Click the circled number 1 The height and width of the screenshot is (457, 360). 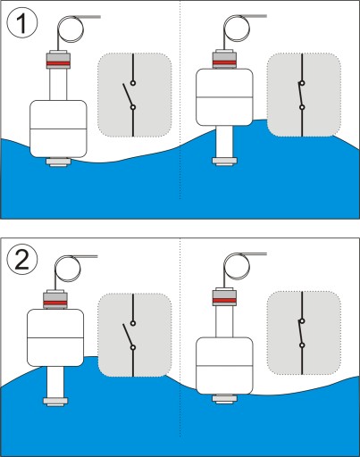(x=22, y=23)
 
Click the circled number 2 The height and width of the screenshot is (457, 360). (x=22, y=260)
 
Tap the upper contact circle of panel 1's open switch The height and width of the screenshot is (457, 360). (x=133, y=83)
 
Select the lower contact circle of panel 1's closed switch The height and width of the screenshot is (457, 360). (x=302, y=107)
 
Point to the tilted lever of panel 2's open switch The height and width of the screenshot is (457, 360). (x=128, y=335)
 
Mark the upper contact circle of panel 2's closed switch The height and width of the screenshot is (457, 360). (x=302, y=321)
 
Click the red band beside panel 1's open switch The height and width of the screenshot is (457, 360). (x=58, y=63)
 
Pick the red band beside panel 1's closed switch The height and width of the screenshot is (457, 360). (x=224, y=62)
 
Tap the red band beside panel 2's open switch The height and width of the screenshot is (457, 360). (x=55, y=303)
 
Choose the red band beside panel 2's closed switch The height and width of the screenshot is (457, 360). (x=224, y=301)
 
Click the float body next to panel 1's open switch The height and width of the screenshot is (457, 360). (x=59, y=129)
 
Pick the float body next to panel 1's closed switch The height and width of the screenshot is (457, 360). (x=224, y=97)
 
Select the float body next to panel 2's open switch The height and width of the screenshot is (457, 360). (x=55, y=337)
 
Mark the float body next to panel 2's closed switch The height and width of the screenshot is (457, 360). (x=224, y=366)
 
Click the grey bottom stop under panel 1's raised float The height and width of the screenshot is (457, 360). (x=224, y=161)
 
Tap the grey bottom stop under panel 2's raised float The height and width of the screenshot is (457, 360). (x=55, y=401)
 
